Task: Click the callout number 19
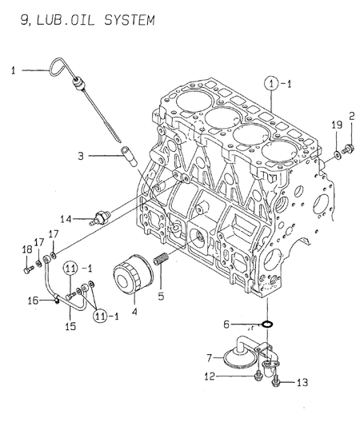point(337,125)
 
